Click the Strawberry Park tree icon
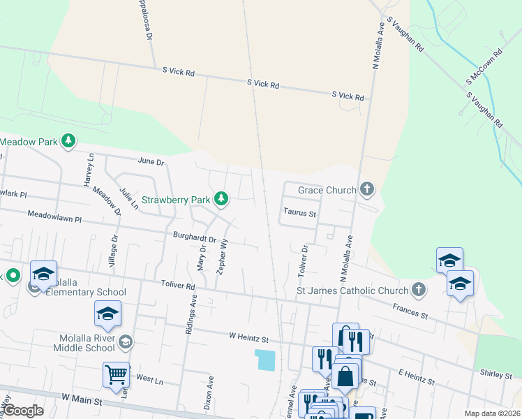[221, 199]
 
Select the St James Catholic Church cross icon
[418, 290]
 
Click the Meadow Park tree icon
[68, 142]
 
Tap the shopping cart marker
[116, 374]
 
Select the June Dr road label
[151, 161]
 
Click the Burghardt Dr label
[195, 237]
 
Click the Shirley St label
[495, 375]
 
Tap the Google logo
[23, 411]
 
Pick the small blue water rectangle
[266, 360]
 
